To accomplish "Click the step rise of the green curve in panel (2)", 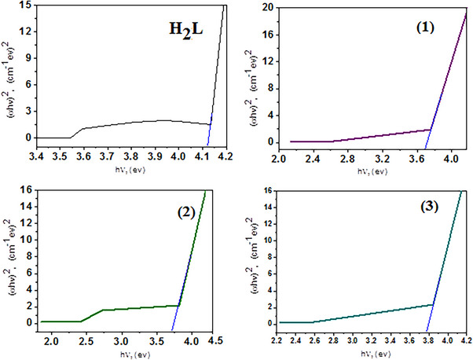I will pos(93,315).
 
